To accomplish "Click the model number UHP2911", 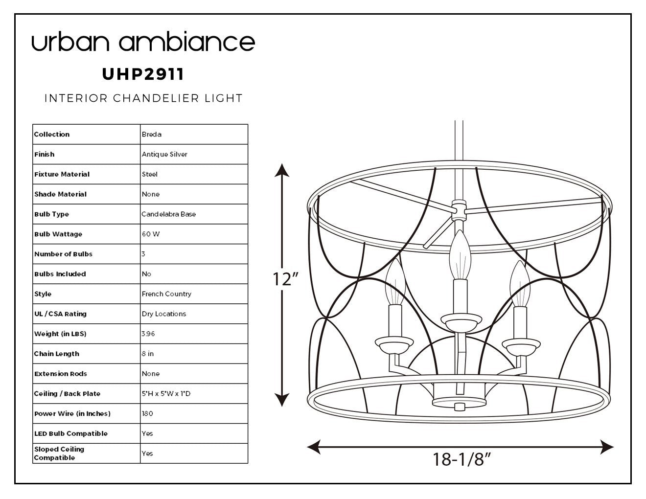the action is pos(143,74).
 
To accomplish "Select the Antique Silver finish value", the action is pos(164,154).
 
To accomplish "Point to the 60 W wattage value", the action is pos(151,234).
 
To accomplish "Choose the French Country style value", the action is pos(166,294).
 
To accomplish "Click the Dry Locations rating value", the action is pos(164,314).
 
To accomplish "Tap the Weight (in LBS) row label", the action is pos(60,334).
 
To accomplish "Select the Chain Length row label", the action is pos(56,354).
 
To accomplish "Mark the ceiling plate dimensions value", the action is pos(166,393).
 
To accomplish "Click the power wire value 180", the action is pos(147,413).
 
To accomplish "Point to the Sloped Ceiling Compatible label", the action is pos(59,453).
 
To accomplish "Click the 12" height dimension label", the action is pos(285,279).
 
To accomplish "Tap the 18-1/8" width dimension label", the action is pos(461,459).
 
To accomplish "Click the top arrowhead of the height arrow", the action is pos(281,170).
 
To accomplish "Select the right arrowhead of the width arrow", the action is pos(607,447).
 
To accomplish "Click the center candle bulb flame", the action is pos(460,255).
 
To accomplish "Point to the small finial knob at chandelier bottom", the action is pos(460,407).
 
